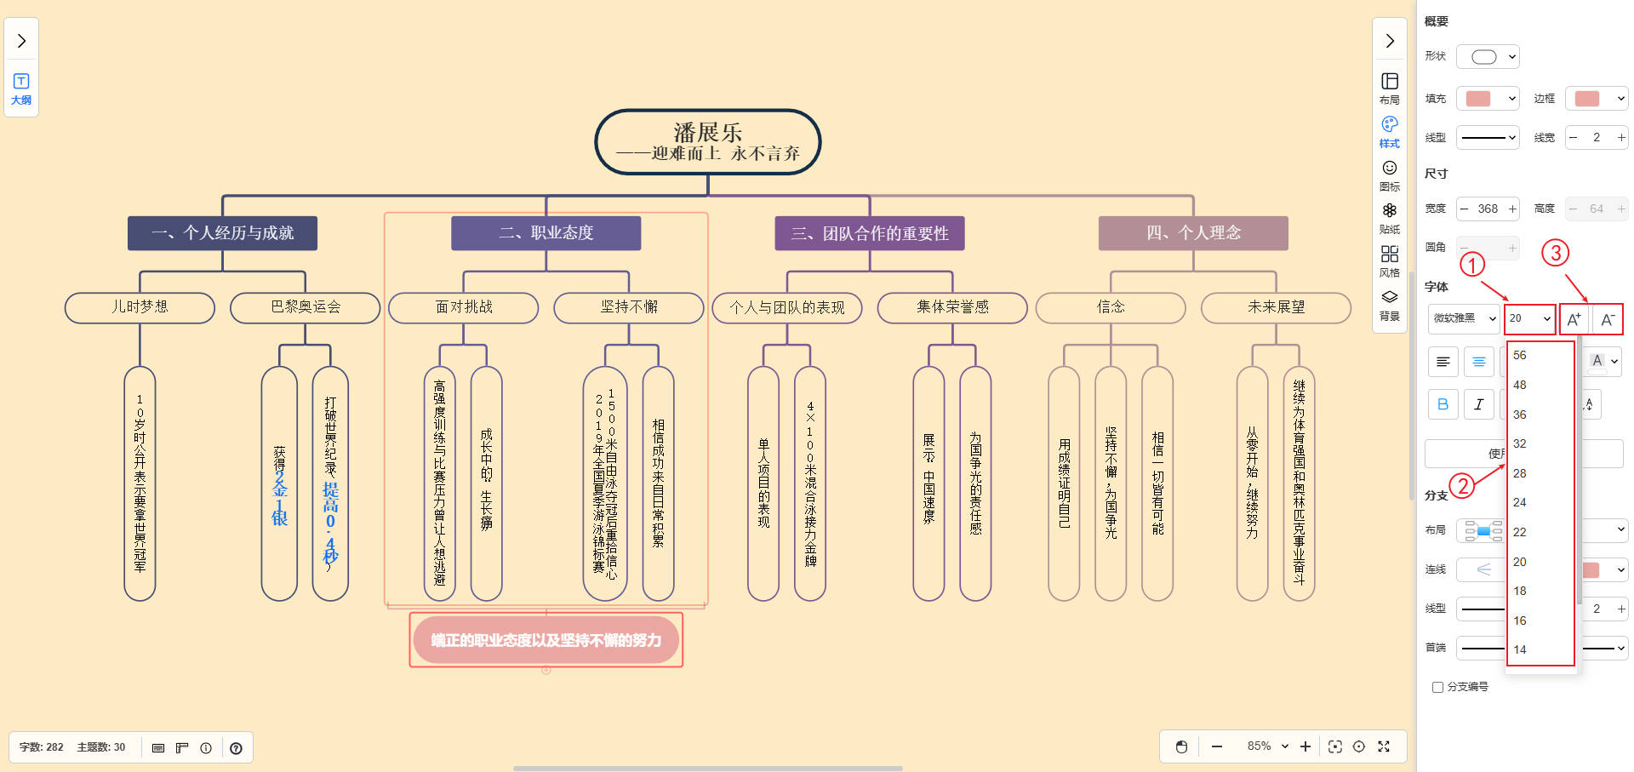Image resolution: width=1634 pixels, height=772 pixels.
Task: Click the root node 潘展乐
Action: (x=707, y=141)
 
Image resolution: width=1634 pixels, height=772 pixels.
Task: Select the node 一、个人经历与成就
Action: (x=222, y=233)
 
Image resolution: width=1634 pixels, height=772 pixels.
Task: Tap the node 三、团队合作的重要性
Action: (x=869, y=233)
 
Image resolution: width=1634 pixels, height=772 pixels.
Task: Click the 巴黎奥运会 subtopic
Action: (x=305, y=307)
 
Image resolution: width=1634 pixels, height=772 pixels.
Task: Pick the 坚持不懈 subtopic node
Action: (x=628, y=307)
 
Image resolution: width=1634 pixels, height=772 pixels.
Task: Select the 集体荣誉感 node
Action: (x=951, y=307)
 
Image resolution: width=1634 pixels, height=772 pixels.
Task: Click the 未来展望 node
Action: (x=1275, y=307)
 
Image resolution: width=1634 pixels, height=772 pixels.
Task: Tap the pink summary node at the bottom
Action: (x=546, y=640)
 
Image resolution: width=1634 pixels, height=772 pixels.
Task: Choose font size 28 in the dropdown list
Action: (x=1520, y=473)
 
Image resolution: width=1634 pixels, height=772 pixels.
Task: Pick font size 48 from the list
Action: (x=1520, y=385)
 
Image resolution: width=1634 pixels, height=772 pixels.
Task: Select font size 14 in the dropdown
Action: (x=1520, y=649)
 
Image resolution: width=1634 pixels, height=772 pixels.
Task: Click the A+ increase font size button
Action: (x=1574, y=319)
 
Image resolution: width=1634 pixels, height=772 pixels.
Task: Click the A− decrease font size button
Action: (x=1607, y=319)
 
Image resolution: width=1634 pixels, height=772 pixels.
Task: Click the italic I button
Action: (x=1479, y=404)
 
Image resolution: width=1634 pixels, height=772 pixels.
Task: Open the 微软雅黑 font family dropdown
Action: (x=1464, y=318)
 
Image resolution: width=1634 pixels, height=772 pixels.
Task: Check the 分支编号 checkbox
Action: (x=1438, y=687)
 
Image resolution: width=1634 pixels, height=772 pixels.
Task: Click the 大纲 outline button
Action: (x=21, y=89)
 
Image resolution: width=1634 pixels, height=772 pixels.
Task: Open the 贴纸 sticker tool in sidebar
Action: (x=1390, y=218)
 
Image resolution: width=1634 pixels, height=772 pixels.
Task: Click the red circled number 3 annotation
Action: (x=1555, y=253)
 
